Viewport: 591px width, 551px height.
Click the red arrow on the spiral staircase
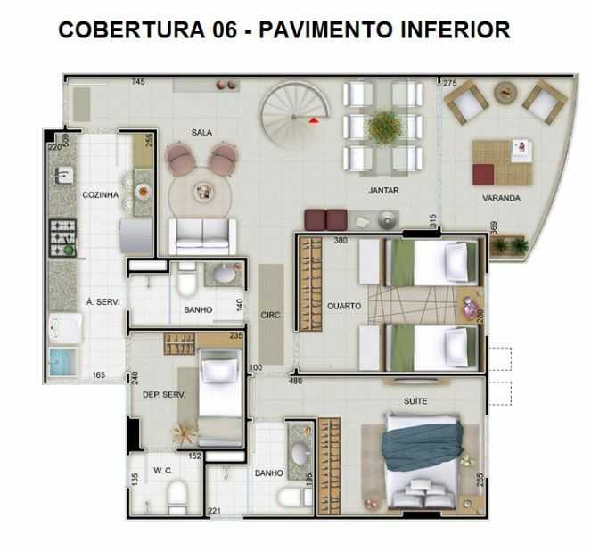pos(314,120)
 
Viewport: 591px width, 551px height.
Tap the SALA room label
pos(201,132)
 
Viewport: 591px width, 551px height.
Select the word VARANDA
pos(501,198)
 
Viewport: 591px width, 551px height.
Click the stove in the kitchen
pos(63,238)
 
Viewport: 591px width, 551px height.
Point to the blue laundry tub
pos(63,362)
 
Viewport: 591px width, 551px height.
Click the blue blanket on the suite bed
pos(423,446)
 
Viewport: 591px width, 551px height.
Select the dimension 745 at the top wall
pos(138,81)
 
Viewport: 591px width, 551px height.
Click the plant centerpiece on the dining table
pos(384,127)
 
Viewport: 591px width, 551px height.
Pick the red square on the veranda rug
pos(483,175)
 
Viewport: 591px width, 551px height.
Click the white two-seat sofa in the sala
pos(202,236)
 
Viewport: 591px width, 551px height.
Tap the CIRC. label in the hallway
pos(271,315)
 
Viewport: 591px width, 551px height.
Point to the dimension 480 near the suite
pos(296,381)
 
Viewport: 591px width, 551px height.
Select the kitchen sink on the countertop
pos(63,177)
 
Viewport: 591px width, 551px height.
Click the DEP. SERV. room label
pos(164,395)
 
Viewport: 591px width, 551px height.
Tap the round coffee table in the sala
pos(200,193)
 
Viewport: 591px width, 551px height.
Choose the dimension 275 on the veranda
pos(449,83)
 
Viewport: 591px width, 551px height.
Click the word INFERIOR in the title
pos(456,29)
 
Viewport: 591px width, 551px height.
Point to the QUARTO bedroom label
pos(344,306)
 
